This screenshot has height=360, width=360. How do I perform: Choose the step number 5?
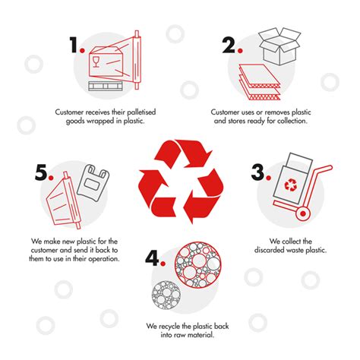click(x=42, y=173)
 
